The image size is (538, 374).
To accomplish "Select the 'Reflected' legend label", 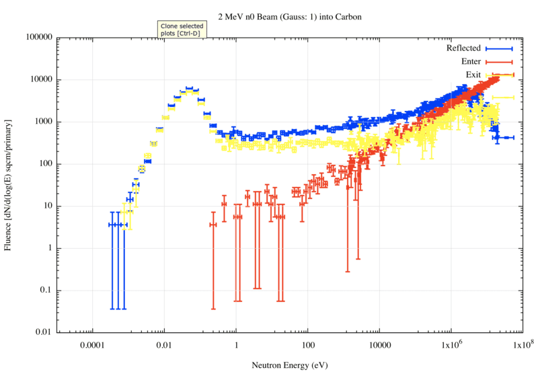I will point(463,48).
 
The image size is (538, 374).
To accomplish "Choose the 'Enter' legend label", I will point(471,61).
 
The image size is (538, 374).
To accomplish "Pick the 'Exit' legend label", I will point(473,74).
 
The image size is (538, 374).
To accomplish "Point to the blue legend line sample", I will point(499,48).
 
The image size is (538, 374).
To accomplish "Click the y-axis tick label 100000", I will point(38,38).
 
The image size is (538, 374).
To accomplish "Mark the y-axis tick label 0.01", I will point(45,333).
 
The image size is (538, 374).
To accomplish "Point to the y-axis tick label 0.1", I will point(47,291).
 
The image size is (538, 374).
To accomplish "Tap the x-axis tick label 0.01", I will point(164,344).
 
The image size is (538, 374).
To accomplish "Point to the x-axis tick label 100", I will point(308,344).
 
